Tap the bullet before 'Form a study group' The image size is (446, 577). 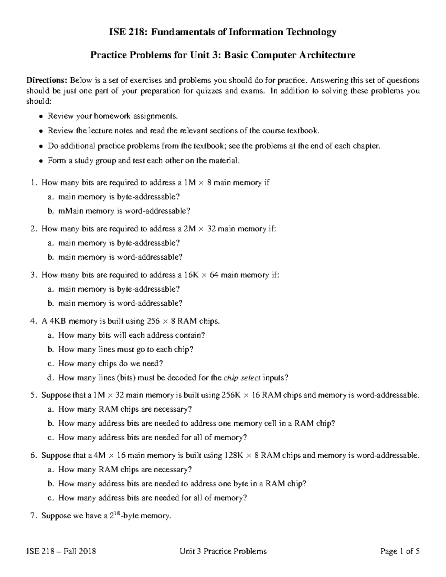coord(41,161)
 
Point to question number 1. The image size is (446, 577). coord(34,183)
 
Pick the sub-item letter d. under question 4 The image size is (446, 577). coord(51,378)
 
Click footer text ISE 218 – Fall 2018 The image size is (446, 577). coord(61,551)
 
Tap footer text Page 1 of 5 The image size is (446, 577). coord(400,551)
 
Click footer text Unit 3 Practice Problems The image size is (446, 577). coord(223,551)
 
